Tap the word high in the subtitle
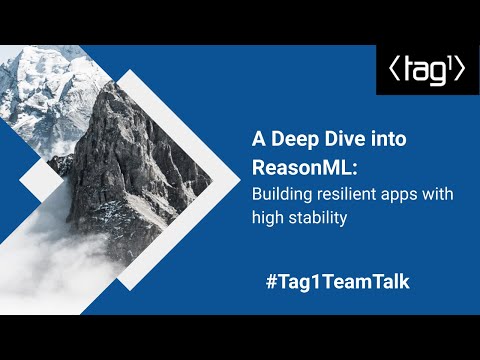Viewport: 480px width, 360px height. (267, 217)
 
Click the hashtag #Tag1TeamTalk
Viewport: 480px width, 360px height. (337, 281)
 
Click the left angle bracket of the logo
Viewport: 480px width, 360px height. (391, 71)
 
